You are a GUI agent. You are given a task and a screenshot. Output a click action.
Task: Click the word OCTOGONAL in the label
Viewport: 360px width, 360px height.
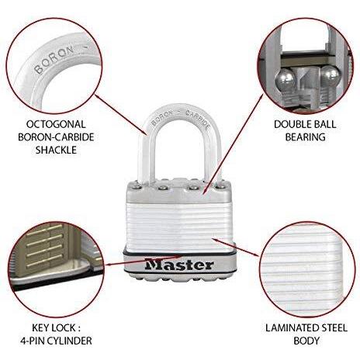(56, 124)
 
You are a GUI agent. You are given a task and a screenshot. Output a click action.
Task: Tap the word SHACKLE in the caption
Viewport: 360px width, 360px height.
(56, 150)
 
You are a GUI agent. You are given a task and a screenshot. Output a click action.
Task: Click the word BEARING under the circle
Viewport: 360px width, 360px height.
(305, 137)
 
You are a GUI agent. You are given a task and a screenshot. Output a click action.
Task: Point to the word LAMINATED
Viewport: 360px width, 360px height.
(291, 328)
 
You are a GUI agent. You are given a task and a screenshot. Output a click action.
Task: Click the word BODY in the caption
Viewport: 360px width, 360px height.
(306, 341)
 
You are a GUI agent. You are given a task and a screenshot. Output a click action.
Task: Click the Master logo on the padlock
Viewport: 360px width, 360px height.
(179, 265)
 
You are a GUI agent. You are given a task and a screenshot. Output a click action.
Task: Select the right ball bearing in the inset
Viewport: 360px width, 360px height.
(331, 75)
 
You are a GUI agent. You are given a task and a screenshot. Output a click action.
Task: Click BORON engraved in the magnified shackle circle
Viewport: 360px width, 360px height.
(54, 61)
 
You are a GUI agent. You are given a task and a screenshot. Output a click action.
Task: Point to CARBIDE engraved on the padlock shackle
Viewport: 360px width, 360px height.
(199, 119)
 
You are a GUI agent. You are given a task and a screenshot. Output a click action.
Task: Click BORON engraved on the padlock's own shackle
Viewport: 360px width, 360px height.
(162, 117)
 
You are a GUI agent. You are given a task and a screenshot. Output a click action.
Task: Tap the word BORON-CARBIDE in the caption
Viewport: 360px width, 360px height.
(56, 137)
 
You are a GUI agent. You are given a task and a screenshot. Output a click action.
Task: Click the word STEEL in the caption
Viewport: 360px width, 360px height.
(333, 328)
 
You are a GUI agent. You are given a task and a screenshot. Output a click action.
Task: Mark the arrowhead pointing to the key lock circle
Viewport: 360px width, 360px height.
(109, 265)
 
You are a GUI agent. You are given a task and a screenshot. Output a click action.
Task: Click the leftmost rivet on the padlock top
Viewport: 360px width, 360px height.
(136, 185)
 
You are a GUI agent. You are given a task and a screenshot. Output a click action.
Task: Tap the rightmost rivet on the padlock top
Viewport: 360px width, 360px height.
(220, 185)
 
